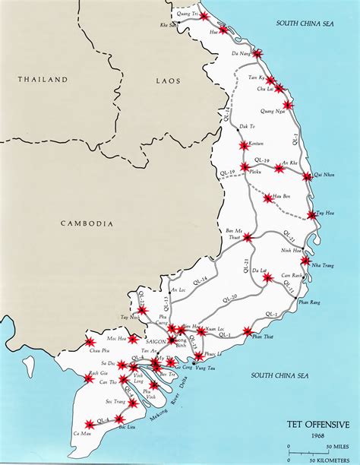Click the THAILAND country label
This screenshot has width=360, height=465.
(x=43, y=79)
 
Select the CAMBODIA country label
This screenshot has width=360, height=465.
(x=87, y=223)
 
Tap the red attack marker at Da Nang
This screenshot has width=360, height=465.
(x=257, y=54)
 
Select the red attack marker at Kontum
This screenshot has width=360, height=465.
(x=243, y=145)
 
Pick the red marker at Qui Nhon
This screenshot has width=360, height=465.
(x=307, y=176)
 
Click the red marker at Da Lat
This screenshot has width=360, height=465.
(x=267, y=278)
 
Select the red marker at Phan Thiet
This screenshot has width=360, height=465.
(x=248, y=331)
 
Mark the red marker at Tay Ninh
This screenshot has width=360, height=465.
(x=141, y=310)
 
